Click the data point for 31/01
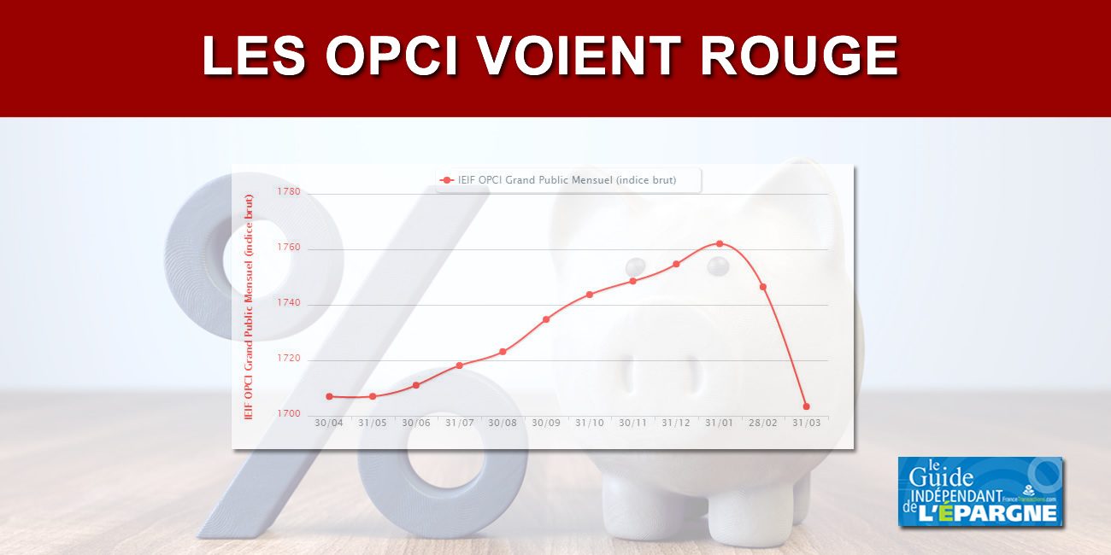pos(720,244)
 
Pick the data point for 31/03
pos(806,406)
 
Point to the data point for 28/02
pos(762,287)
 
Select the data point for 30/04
pos(329,396)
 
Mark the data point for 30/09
pos(546,319)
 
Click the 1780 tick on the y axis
pos(289,191)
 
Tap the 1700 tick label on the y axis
pos(289,414)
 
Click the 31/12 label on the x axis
pos(676,424)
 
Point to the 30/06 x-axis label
pos(415,424)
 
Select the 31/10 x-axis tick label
pos(589,424)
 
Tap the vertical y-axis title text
pos(249,307)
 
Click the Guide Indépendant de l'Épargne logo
pos(980,492)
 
